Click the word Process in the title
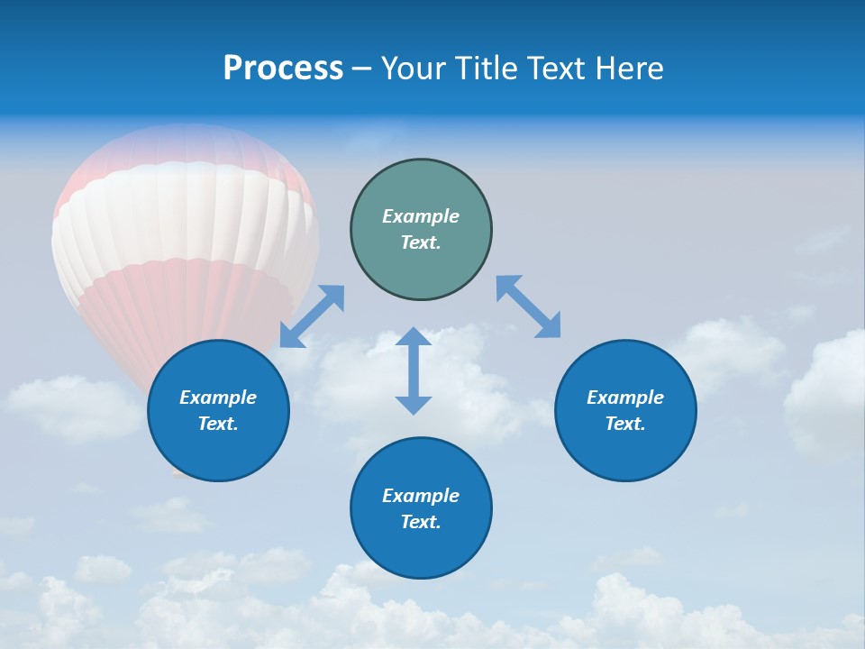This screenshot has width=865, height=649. pyautogui.click(x=283, y=69)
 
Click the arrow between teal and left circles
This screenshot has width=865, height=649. pyautogui.click(x=312, y=316)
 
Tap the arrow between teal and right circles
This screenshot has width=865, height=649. pyautogui.click(x=529, y=306)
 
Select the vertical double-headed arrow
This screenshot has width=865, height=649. pyautogui.click(x=414, y=370)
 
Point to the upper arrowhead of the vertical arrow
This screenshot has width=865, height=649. pyautogui.click(x=414, y=338)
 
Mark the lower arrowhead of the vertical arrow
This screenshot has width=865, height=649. pyautogui.click(x=414, y=404)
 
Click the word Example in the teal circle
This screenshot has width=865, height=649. pyautogui.click(x=421, y=216)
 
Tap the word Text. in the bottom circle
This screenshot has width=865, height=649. pyautogui.click(x=421, y=522)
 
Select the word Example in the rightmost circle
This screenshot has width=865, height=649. pyautogui.click(x=625, y=398)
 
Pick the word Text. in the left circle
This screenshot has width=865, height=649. pyautogui.click(x=218, y=424)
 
